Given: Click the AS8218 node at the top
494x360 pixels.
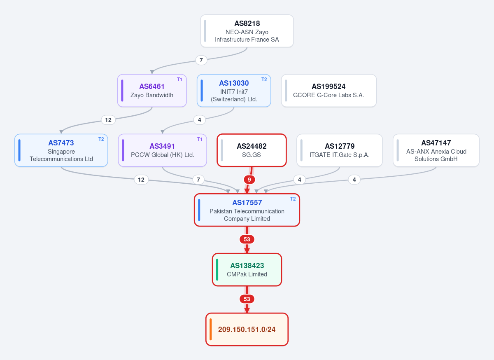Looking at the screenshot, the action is point(247,31).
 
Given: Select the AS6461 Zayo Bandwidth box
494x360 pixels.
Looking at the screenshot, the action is point(152,91).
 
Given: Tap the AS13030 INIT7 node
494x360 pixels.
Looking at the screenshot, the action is point(234,91).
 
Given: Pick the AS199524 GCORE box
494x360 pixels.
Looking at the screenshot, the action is point(329,91).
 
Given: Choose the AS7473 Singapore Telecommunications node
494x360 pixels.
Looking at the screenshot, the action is point(61,150).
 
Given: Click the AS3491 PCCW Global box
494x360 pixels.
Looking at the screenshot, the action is point(162,150).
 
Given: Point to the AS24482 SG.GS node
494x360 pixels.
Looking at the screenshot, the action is point(252,150).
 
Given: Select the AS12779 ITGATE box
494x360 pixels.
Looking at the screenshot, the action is point(339,150).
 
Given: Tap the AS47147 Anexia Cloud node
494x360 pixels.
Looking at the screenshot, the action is point(436,150).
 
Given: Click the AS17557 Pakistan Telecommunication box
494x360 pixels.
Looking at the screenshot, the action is point(247,210).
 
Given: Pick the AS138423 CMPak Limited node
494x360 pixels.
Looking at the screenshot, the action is point(247,270).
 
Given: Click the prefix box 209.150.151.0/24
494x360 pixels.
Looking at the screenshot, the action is point(247,330).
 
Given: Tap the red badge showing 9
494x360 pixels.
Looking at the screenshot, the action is point(249,180).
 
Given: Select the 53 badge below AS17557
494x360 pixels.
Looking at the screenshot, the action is point(247,239).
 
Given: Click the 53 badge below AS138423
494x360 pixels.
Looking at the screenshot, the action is point(247,299).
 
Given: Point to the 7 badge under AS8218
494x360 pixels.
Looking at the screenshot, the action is point(201,60).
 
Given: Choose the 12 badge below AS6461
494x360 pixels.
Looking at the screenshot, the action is point(108,120).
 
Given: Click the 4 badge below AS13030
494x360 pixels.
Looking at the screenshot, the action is point(199,120).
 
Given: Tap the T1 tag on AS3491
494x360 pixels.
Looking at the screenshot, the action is point(200,139).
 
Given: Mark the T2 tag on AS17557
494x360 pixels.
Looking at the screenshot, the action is point(293,199).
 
